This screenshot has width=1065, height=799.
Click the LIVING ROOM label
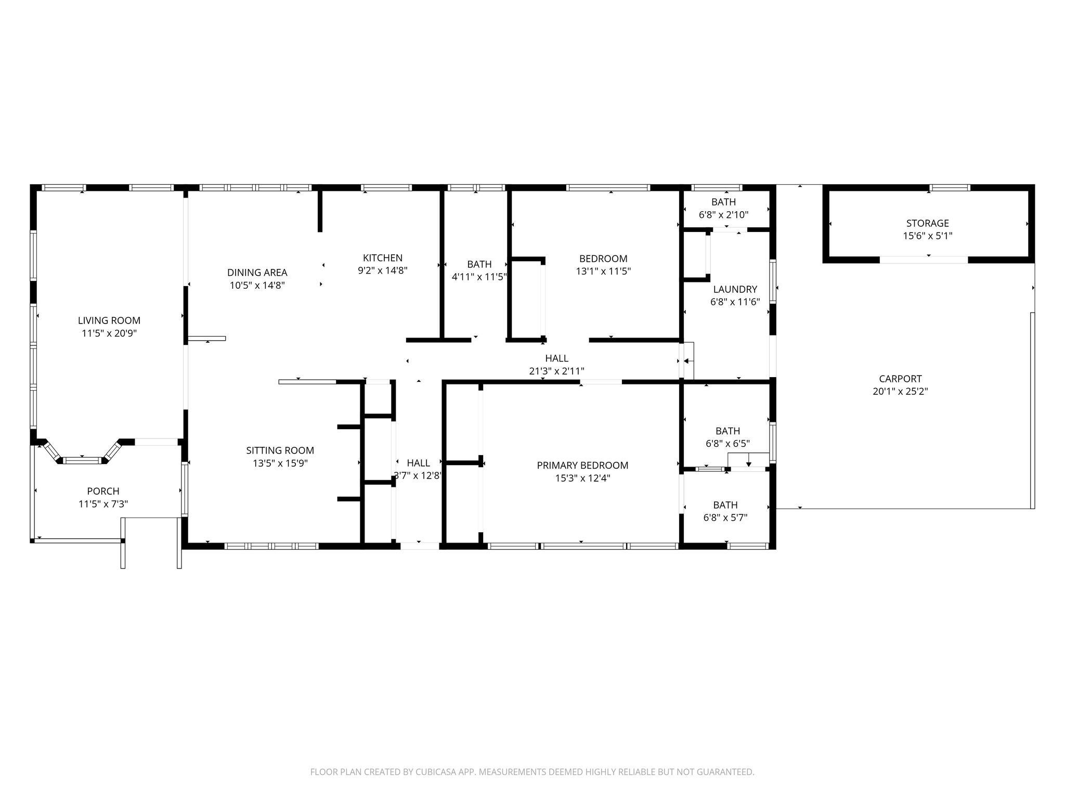click(109, 320)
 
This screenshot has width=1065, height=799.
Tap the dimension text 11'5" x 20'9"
click(109, 333)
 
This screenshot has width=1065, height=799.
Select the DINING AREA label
click(257, 273)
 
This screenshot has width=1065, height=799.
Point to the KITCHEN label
click(383, 258)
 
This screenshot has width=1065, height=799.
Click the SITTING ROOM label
click(280, 450)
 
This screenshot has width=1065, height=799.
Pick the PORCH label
click(103, 491)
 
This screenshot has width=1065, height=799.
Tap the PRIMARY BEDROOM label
click(582, 466)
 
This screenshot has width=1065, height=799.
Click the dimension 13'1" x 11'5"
click(603, 271)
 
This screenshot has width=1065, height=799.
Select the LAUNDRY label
click(735, 289)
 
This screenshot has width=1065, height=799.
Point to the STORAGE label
click(928, 223)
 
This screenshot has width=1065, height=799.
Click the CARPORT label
click(901, 379)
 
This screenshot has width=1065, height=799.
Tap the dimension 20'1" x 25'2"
click(901, 392)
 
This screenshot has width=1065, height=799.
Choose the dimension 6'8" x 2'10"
click(724, 214)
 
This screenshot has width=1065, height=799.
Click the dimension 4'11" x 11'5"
click(479, 277)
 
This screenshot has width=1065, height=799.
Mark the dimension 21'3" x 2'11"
click(557, 371)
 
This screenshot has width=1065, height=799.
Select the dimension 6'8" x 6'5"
click(728, 444)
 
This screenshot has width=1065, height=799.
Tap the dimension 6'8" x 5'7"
click(725, 518)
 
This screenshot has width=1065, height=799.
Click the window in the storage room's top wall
click(950, 188)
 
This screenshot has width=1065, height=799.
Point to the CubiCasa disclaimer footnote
click(532, 772)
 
